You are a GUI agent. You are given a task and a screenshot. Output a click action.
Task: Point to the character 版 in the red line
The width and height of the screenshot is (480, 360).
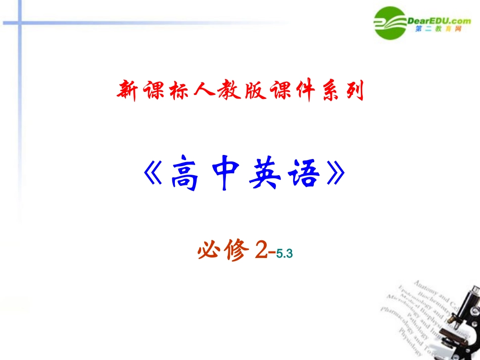pos(252,91)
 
